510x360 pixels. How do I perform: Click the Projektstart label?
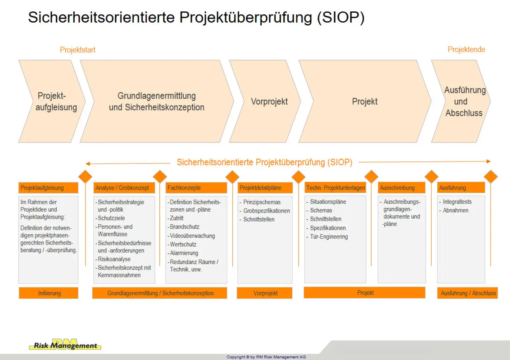click(77, 50)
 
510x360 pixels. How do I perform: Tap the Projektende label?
click(466, 49)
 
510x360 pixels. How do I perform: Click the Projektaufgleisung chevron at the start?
click(55, 101)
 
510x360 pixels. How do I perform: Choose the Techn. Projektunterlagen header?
click(335, 188)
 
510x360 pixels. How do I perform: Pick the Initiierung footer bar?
click(49, 293)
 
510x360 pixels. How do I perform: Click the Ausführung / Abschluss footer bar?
click(468, 293)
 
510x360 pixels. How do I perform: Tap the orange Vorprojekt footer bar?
click(265, 293)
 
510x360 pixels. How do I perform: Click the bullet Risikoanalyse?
click(114, 259)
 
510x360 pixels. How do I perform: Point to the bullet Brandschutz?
click(185, 227)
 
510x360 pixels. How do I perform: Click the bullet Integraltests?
click(457, 202)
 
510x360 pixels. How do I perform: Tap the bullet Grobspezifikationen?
click(266, 211)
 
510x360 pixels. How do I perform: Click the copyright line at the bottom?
click(266, 357)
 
